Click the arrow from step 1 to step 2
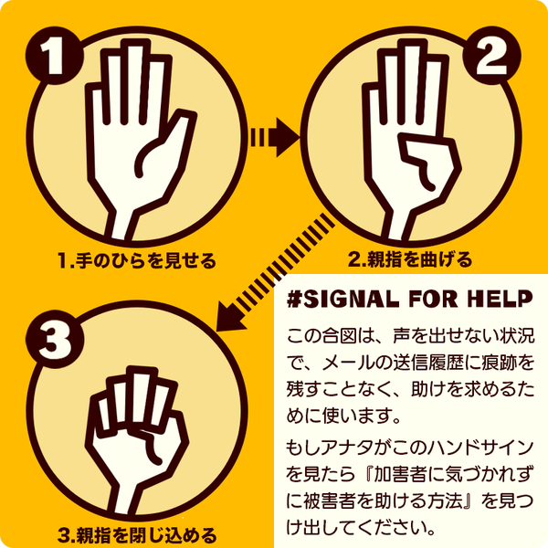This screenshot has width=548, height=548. pos(275,138)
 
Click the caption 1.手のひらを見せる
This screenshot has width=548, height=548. pos(137,262)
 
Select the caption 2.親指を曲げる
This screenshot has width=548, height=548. pos(410,260)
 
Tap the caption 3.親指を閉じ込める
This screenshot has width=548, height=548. pos(137,532)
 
